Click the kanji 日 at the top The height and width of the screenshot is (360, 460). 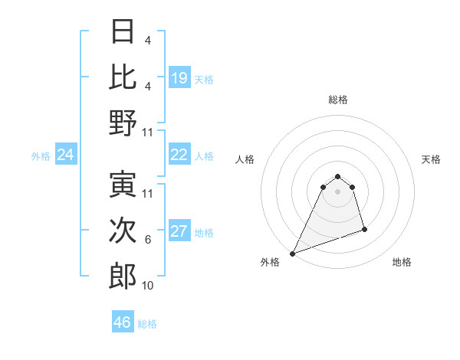click(x=123, y=31)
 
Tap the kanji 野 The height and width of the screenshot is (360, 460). click(x=123, y=123)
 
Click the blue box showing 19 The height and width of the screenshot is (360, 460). click(x=179, y=78)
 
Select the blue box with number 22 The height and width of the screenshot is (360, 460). click(x=179, y=155)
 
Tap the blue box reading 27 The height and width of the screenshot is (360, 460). click(x=179, y=232)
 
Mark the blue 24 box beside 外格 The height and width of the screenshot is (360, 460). click(x=66, y=155)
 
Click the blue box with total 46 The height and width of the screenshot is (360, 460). click(x=123, y=322)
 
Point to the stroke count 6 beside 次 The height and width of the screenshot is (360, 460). click(x=147, y=240)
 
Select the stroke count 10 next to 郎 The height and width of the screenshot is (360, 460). click(x=148, y=286)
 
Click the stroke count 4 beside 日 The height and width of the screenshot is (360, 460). click(x=147, y=40)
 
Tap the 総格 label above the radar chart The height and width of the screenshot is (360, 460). click(x=337, y=100)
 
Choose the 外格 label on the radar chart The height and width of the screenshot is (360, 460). click(x=270, y=262)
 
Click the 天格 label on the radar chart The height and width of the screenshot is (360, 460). click(x=431, y=159)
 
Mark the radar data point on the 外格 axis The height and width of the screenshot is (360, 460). click(x=292, y=254)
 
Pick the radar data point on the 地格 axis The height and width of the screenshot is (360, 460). click(x=364, y=229)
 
